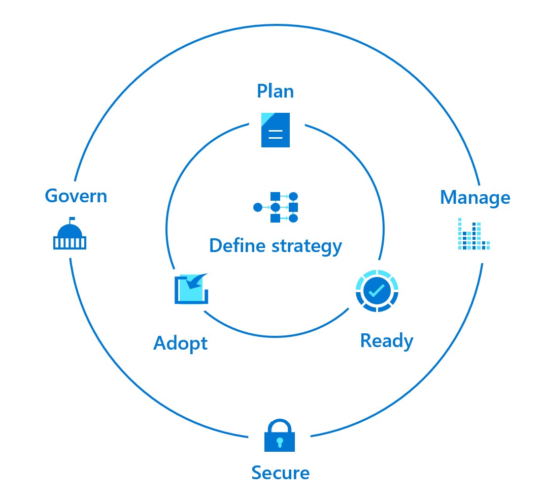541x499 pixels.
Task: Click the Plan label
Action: click(275, 91)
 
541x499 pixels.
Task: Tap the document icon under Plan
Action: click(276, 130)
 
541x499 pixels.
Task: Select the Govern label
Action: click(76, 196)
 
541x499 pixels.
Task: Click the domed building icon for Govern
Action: click(70, 237)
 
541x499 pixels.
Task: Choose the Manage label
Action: click(475, 198)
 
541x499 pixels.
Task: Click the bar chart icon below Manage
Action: click(473, 234)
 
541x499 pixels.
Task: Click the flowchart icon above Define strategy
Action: click(276, 207)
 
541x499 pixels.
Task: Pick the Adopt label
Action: click(181, 344)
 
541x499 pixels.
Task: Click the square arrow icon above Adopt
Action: click(191, 289)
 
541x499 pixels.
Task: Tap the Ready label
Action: click(387, 340)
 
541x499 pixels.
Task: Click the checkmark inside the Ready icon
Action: click(377, 291)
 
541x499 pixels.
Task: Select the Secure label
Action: click(280, 473)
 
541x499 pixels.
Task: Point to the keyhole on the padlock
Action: click(280, 442)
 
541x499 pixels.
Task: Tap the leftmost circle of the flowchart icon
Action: click(258, 207)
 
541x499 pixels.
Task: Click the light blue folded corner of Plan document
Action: click(267, 119)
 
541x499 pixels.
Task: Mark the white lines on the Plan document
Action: click(276, 135)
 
